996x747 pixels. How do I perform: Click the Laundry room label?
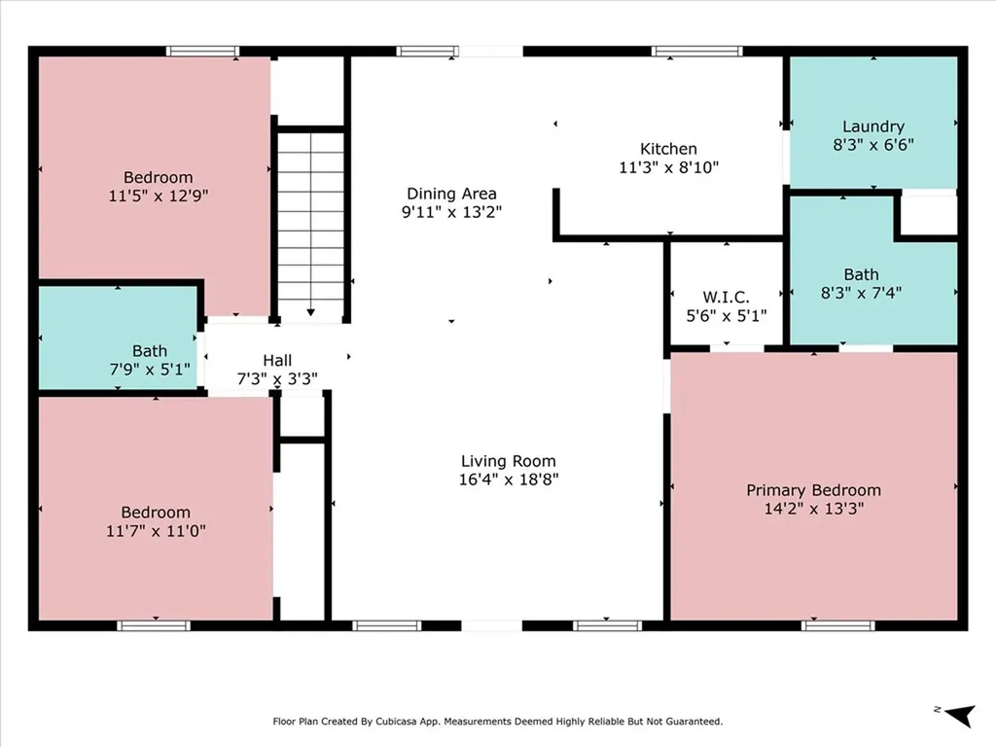872,126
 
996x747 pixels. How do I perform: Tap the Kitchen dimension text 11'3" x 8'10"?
668,166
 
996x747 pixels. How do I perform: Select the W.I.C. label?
726,297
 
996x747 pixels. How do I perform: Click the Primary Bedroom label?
813,490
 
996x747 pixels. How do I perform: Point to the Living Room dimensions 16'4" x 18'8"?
509,479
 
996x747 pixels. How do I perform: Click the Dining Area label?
451,193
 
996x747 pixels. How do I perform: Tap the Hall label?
277,361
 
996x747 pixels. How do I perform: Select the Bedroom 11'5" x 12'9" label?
158,177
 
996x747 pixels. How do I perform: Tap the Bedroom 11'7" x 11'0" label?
156,513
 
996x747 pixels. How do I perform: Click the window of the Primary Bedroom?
831,625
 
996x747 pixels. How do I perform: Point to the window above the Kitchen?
697,51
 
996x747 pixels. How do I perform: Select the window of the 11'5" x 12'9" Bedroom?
202,51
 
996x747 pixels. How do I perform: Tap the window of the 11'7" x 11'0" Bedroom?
154,625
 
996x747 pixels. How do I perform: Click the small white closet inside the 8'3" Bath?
927,215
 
